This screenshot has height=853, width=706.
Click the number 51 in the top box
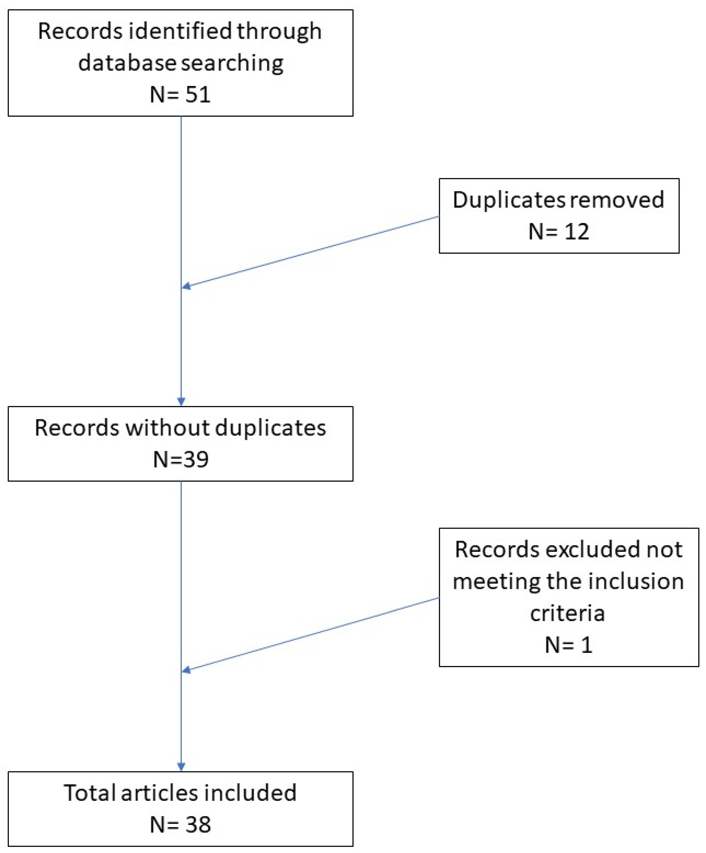coord(198,95)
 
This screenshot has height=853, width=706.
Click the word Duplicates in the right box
coord(508,200)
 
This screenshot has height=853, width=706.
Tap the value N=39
coord(181,459)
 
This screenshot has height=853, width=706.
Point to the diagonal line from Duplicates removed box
coord(311,251)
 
